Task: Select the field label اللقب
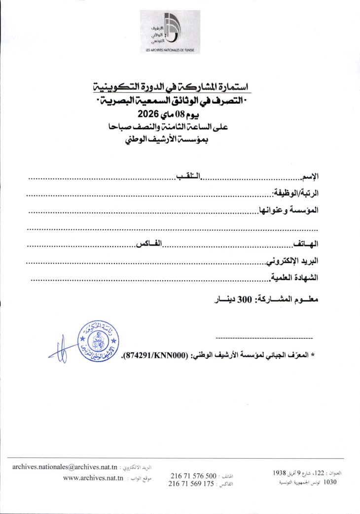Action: point(189,177)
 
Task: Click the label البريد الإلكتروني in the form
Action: point(292,261)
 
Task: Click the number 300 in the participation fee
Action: point(246,299)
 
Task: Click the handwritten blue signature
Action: point(59,351)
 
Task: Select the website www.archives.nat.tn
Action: point(93,478)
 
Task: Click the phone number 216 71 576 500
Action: point(193,476)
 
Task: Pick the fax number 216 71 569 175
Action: point(191,484)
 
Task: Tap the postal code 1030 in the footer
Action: point(329,482)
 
